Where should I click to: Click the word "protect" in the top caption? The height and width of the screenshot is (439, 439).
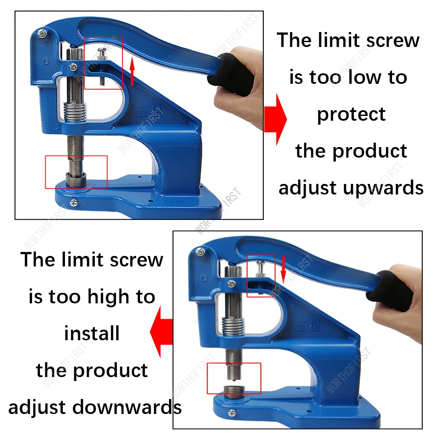pyautogui.click(x=351, y=115)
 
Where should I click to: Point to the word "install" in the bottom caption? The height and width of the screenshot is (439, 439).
pyautogui.click(x=92, y=334)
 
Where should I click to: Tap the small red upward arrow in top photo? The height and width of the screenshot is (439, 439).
pyautogui.click(x=132, y=72)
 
